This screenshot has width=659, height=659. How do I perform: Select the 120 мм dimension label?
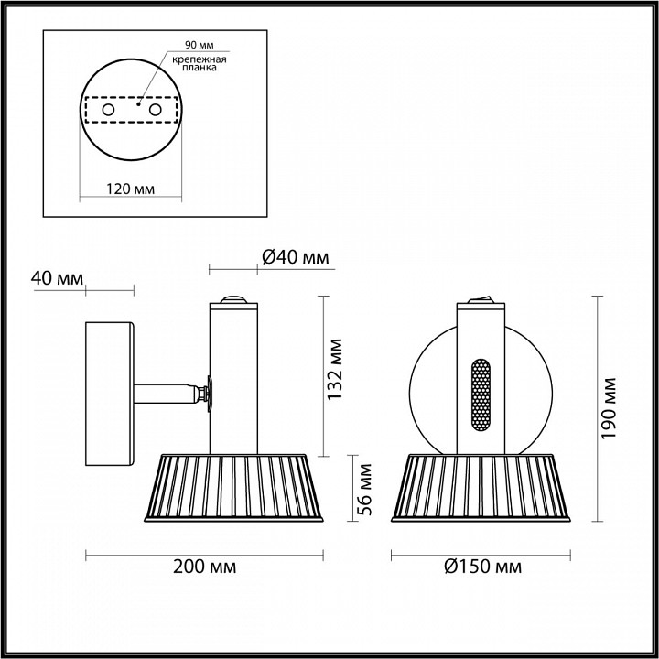point(129,189)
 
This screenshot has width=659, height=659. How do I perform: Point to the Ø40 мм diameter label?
point(295,257)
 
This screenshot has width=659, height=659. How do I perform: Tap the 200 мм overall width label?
point(204,567)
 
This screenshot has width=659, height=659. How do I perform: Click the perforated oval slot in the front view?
point(480,395)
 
